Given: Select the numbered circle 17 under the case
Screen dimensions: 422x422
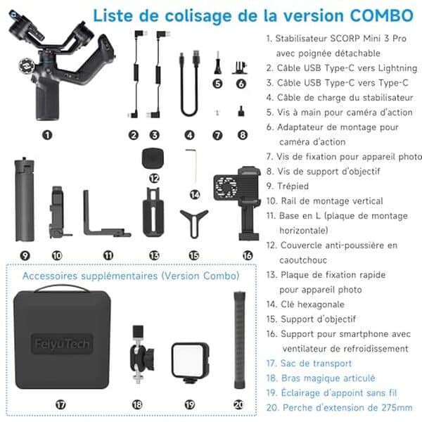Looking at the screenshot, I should (60, 404).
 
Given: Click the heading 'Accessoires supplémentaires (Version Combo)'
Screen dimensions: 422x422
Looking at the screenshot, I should (131, 275).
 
